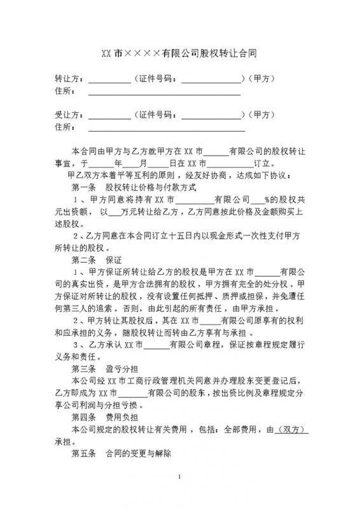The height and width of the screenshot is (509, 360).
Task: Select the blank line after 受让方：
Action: (108, 117)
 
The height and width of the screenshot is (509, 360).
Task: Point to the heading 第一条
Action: (86, 187)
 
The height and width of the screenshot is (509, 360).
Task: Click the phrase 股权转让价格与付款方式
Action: (150, 187)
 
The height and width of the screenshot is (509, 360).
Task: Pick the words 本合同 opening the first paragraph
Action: (83, 151)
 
